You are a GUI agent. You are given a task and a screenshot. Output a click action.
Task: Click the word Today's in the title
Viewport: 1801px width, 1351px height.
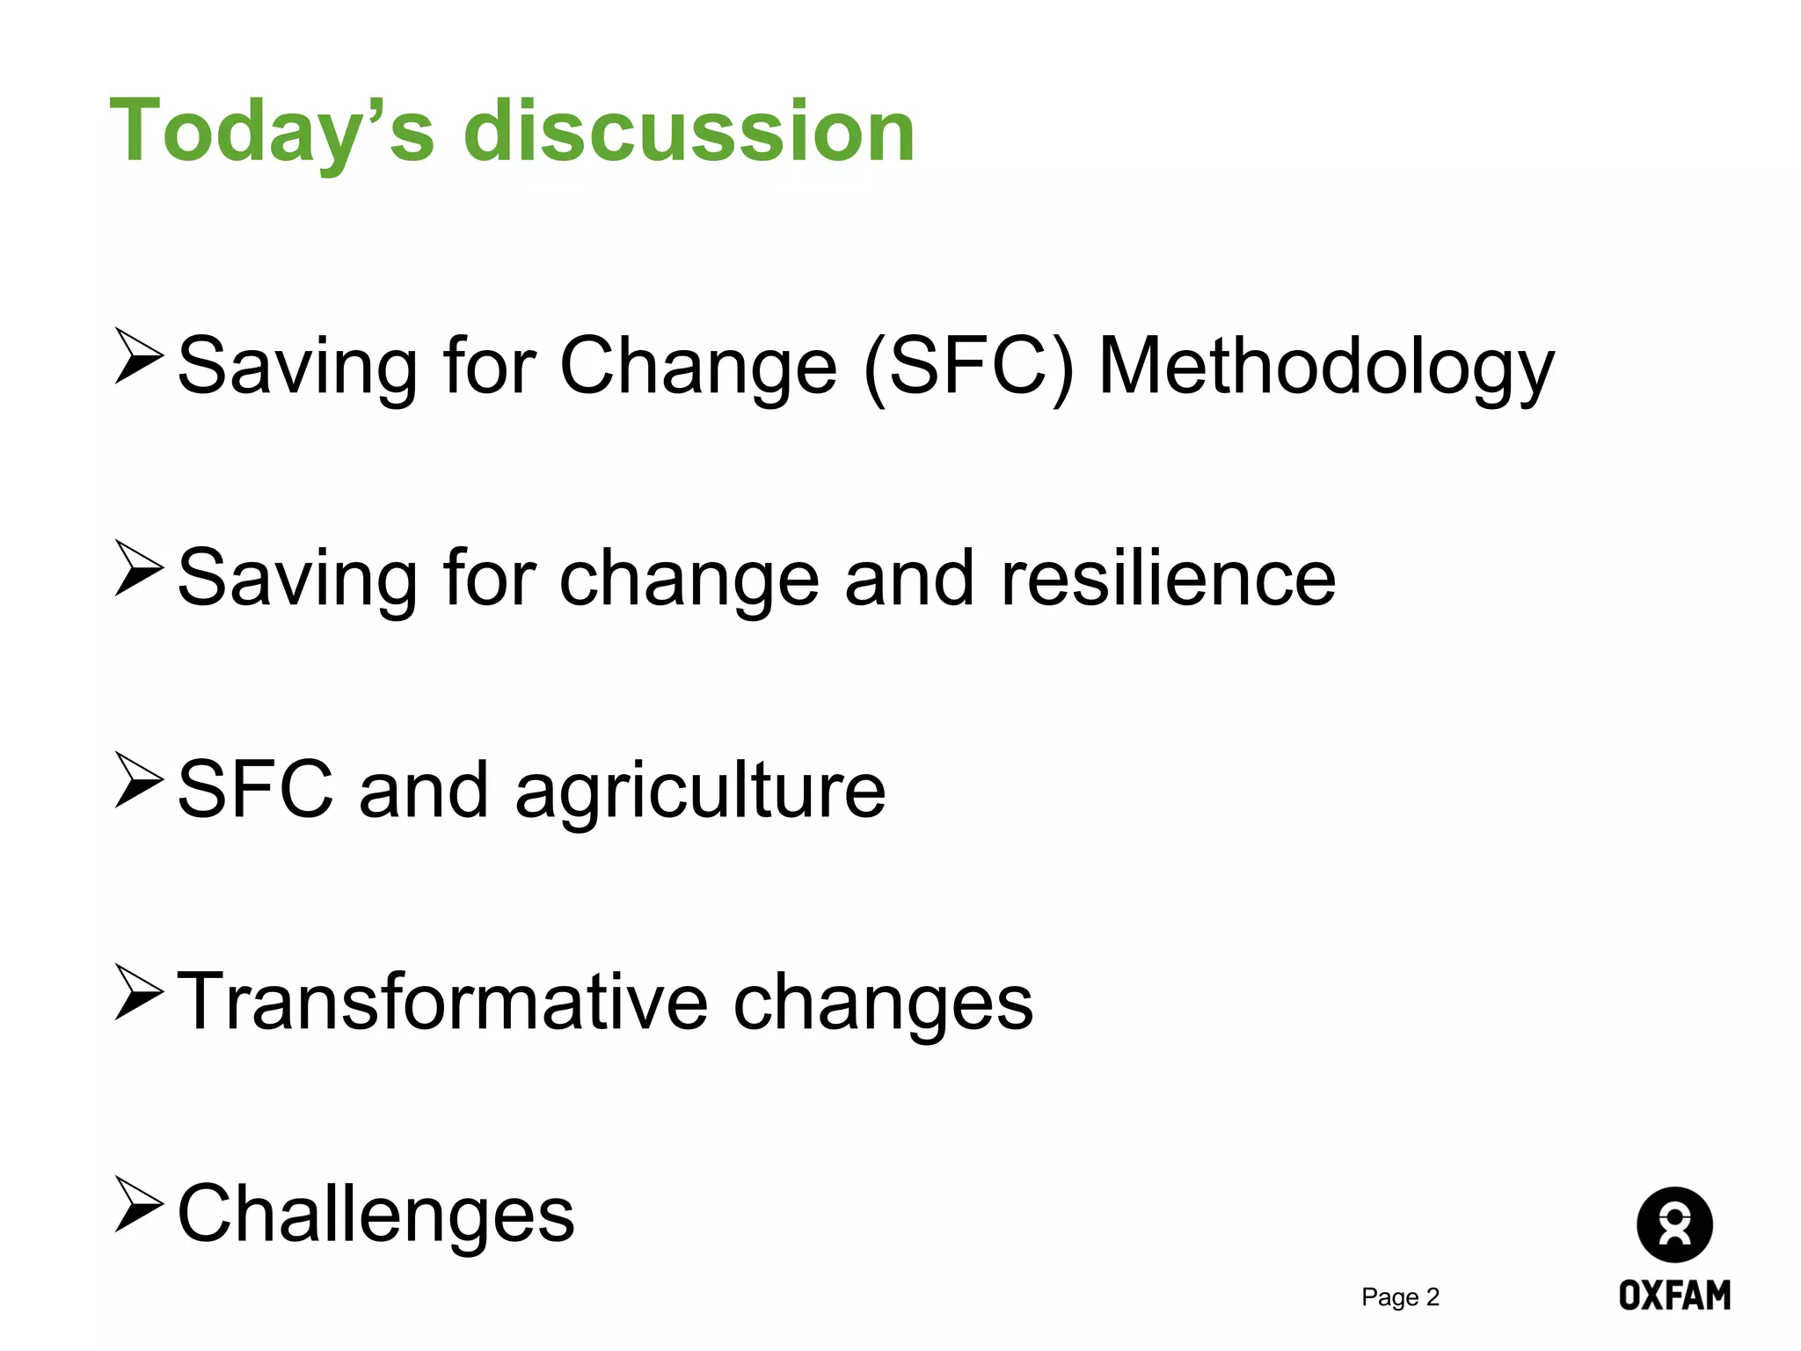tap(271, 132)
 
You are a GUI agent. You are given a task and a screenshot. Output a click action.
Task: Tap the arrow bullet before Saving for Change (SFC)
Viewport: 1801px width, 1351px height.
tap(139, 356)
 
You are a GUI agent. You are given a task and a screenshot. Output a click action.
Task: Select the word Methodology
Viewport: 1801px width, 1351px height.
tap(1326, 367)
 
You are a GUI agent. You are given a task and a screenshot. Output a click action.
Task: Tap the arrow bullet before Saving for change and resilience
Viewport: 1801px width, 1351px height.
tap(139, 568)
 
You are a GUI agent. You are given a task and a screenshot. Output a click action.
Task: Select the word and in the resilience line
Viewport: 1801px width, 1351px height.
tap(908, 578)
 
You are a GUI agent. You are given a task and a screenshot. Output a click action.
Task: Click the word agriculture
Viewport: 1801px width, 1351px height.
tap(700, 790)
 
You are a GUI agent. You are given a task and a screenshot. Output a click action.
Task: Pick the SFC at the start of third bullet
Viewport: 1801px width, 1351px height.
tap(255, 790)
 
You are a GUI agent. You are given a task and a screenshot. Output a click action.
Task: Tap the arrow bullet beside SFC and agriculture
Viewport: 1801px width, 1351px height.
tap(139, 780)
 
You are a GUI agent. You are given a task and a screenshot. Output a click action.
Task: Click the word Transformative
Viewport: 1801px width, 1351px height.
tap(442, 1002)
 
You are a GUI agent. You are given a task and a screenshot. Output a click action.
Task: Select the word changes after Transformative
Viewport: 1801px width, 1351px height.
tap(883, 1002)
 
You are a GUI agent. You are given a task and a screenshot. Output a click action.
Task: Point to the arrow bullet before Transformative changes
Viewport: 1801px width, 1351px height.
tap(139, 992)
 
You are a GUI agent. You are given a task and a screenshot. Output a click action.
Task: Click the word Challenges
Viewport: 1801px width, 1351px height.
tap(376, 1214)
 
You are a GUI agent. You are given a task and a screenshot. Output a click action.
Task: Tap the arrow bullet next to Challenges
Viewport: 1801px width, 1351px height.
tap(139, 1204)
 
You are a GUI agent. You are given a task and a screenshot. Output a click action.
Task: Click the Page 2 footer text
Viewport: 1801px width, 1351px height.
tap(1400, 1296)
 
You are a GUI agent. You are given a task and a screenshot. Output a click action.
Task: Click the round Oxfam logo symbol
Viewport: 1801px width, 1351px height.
tap(1673, 1224)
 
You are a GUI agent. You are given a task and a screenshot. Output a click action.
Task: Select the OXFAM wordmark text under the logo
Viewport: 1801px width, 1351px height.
tap(1673, 1295)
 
